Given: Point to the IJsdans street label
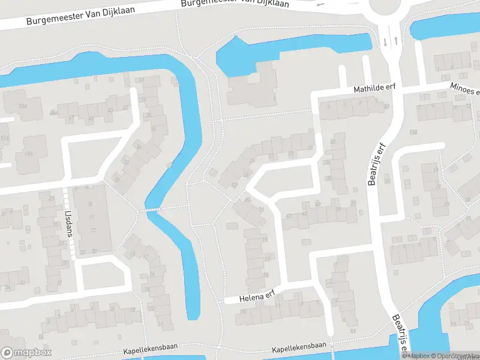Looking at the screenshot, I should tap(69, 222).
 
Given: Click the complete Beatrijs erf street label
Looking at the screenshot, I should tap(376, 165).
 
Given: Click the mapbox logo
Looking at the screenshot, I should tap(26, 353).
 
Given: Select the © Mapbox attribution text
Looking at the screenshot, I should tap(416, 356).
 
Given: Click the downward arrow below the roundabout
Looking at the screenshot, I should tap(385, 41).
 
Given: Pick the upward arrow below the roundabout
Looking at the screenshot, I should tap(396, 41).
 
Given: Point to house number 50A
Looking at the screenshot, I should tap(23, 106).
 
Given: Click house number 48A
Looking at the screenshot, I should tap(53, 112).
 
